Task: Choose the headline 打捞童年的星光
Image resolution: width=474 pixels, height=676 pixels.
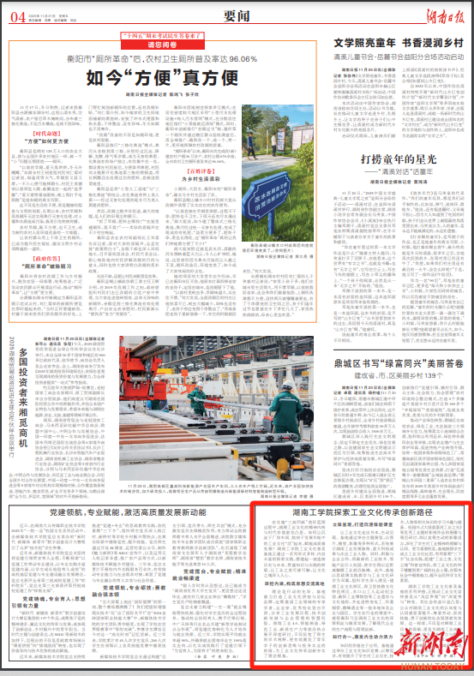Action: click(x=397, y=159)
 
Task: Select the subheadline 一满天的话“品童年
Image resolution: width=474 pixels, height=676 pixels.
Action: click(x=399, y=173)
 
